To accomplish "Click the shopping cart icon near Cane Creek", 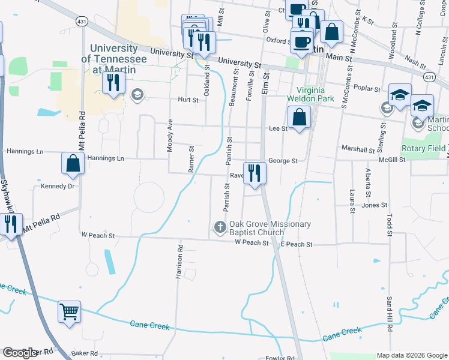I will click(69, 311).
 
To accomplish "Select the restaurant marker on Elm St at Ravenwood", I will click(255, 173).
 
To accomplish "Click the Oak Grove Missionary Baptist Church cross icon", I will click(220, 227).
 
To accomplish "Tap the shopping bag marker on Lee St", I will click(298, 118).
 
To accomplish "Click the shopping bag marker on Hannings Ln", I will click(73, 164).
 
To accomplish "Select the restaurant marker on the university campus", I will click(113, 82).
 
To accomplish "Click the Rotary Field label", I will click(425, 148).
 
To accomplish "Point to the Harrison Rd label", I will click(179, 261).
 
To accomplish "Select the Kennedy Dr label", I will click(57, 186).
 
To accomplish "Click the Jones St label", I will click(375, 205).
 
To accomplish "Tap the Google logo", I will click(20, 353).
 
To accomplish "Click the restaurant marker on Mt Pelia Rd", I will click(11, 224).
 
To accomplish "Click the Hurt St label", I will click(187, 100).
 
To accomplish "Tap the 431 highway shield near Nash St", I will click(429, 77).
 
